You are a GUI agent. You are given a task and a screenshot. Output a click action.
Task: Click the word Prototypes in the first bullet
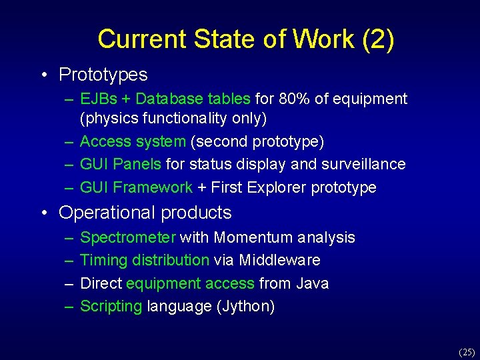pos(103,75)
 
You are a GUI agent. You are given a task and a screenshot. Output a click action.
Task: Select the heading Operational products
pos(145,213)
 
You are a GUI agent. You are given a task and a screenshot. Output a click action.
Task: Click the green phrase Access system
pos(133,141)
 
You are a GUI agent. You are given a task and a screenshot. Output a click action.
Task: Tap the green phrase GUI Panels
pos(121,164)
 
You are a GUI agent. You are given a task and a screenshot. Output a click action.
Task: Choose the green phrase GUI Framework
pos(136,187)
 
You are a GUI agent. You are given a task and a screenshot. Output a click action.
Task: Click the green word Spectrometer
pos(128,237)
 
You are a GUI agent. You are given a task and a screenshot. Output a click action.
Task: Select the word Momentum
pos(254,237)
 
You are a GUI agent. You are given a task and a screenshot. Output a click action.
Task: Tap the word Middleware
pos(279,260)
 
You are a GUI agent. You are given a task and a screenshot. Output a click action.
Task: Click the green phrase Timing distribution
pos(145,260)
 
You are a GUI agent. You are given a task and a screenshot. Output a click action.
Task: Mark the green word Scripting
pos(111,306)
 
